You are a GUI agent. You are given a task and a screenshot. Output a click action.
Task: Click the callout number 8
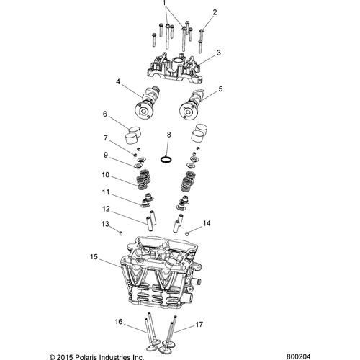pos(169,135)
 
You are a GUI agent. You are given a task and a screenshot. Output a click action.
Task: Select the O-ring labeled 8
pos(166,159)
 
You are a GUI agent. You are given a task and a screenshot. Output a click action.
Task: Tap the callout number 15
pos(94,257)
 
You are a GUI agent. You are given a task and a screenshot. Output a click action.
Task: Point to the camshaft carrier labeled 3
pos(174,68)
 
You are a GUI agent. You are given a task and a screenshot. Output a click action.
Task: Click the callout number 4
pos(118,82)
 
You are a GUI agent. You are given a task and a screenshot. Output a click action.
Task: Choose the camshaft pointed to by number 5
pos(192,104)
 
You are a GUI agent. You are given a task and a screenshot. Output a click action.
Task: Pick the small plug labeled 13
pos(121,233)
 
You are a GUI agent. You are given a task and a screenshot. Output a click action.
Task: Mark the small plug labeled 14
pos(186,233)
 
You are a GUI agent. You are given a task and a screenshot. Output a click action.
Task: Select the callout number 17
pos(199,325)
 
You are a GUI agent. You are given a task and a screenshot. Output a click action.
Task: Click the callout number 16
pos(119,322)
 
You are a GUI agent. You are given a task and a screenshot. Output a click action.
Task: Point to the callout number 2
pos(215,12)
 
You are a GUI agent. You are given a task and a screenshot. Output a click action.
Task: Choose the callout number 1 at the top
pos(164,3)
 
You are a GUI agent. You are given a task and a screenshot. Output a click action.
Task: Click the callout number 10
pos(106,175)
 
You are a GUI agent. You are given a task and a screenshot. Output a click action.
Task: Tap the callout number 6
pos(105,114)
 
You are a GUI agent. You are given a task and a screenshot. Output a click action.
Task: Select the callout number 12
pos(106,209)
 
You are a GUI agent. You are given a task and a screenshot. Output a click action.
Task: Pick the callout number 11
pos(106,192)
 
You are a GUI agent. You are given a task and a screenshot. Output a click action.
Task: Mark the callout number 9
pos(106,155)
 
